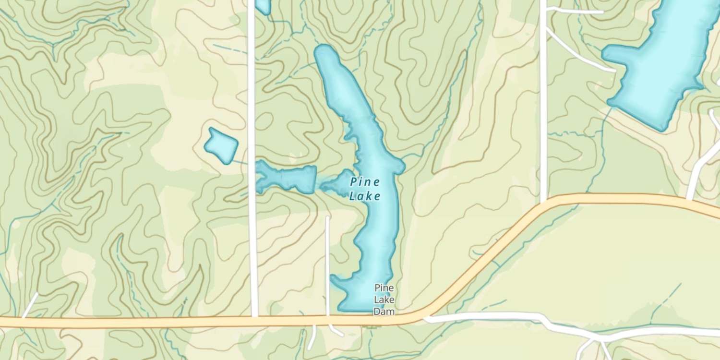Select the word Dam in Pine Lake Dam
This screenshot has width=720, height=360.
coord(384,312)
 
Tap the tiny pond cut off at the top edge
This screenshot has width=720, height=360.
coord(263,6)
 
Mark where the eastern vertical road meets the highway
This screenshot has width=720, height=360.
coord(544,204)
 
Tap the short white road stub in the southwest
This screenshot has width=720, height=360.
coord(30,305)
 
